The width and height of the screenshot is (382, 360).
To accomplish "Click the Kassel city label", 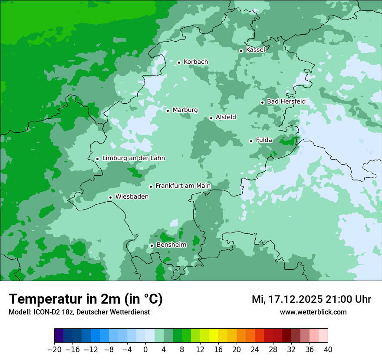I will tap(255, 50).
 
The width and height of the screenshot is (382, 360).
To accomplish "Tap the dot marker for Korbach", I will tap(179, 62).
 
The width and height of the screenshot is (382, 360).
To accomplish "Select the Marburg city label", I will tap(185, 110).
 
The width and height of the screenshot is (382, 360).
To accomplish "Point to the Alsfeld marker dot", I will tap(211, 118).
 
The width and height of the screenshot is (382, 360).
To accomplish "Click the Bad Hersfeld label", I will tap(286, 101).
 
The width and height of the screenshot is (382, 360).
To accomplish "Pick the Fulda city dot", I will tap(251, 141).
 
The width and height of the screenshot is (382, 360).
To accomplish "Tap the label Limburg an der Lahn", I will tap(133, 158).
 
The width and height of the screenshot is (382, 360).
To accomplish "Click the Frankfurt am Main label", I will tap(183, 186).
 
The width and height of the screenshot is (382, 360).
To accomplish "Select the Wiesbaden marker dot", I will tap(111, 197).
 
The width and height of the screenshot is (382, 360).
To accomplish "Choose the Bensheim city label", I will tap(171, 245).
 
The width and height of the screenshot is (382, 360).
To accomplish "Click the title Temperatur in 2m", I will tap(86, 299).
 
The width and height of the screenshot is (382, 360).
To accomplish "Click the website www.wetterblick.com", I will tap(313, 312).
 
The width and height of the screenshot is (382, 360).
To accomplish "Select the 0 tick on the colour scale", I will tap(145, 349).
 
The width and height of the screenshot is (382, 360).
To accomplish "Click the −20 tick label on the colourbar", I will tap(54, 349).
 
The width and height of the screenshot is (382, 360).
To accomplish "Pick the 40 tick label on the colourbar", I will tap(328, 349).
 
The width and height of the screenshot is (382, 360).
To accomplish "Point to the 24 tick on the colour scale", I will tap(255, 349).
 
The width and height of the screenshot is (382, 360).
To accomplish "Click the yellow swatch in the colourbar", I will tap(214, 336).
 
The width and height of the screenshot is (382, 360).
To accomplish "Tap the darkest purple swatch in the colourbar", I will tap(59, 336).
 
